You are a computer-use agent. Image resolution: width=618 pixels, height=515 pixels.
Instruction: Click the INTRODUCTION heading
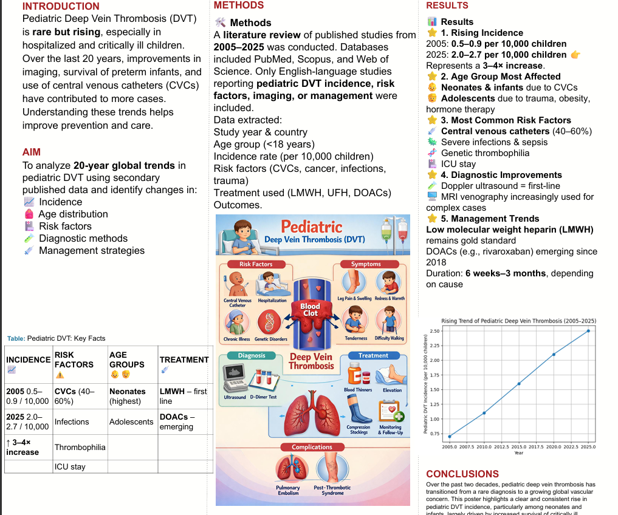click(x=61, y=7)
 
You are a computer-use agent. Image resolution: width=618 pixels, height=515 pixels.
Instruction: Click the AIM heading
click(x=32, y=152)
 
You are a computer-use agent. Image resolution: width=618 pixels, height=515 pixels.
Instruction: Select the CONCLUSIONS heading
click(x=462, y=474)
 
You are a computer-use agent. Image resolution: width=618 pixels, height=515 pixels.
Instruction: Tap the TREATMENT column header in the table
click(x=184, y=360)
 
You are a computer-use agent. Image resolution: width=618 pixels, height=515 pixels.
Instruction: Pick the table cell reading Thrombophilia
click(x=80, y=447)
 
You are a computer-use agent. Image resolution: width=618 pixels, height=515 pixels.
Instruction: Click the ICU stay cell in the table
click(x=70, y=466)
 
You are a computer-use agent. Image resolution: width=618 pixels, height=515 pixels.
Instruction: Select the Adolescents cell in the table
click(x=131, y=421)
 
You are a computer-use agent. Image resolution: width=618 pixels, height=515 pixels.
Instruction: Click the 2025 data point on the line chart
click(x=588, y=330)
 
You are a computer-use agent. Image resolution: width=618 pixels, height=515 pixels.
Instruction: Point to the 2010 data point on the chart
click(x=484, y=413)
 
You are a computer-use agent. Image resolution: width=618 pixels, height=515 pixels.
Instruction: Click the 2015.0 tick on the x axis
click(x=519, y=446)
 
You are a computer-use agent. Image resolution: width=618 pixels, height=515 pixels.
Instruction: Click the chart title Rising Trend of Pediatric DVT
click(x=518, y=321)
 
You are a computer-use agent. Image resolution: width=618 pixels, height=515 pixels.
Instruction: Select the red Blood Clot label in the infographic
click(x=310, y=310)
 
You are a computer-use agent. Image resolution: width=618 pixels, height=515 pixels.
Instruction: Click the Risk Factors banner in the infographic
click(x=256, y=264)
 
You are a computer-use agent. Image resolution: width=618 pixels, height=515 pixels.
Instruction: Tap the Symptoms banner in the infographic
click(x=366, y=264)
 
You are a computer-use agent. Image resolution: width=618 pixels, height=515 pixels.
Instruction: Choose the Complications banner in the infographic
click(x=312, y=447)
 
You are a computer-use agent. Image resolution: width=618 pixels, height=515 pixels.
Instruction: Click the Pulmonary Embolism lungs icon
click(x=287, y=469)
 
